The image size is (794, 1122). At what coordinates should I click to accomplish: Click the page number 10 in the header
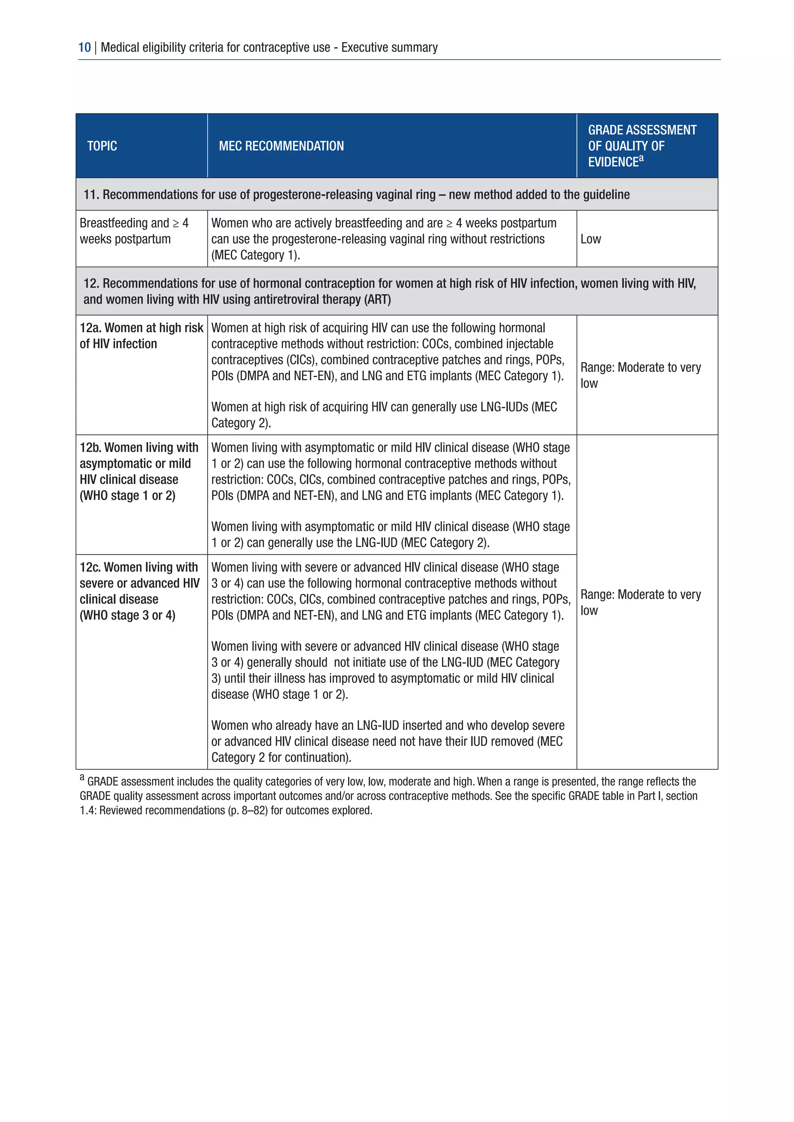tap(84, 47)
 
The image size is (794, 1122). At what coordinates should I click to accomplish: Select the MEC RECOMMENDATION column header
tap(281, 146)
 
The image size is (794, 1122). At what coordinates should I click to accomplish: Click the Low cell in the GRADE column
tap(590, 239)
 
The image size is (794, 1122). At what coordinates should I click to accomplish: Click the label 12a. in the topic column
tap(91, 328)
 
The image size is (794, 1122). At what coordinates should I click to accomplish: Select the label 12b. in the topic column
tap(91, 447)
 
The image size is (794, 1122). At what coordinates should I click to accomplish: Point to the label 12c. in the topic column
tap(91, 567)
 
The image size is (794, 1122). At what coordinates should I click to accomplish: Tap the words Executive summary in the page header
tap(389, 47)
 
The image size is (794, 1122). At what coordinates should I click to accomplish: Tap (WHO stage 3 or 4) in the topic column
tap(127, 615)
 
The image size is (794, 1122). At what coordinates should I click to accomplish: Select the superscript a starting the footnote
tap(82, 778)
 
